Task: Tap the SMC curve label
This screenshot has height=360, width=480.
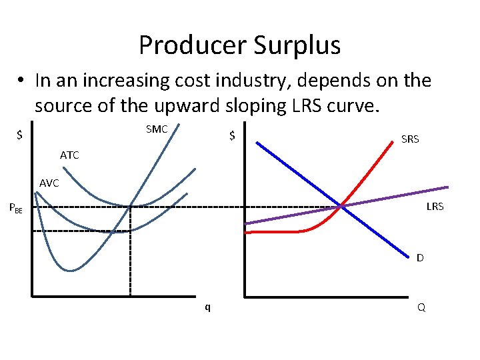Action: pos(157,129)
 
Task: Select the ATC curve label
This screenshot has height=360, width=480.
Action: pos(69,155)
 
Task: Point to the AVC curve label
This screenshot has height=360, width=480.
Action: pos(49,183)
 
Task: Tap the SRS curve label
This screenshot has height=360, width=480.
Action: pos(410,139)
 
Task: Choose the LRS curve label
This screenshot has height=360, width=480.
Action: pos(435,207)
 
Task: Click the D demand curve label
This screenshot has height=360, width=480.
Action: pos(420,257)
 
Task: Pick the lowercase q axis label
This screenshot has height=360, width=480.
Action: pos(207,307)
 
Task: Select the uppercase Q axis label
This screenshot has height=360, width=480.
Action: pos(421,307)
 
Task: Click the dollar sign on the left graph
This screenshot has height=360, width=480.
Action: pos(20,135)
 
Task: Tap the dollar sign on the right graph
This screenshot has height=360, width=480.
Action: pos(232,135)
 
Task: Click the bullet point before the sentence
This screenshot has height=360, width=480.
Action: pos(22,81)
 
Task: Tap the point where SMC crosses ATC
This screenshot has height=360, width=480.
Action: pos(131,206)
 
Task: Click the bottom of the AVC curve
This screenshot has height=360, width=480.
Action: pos(115,231)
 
